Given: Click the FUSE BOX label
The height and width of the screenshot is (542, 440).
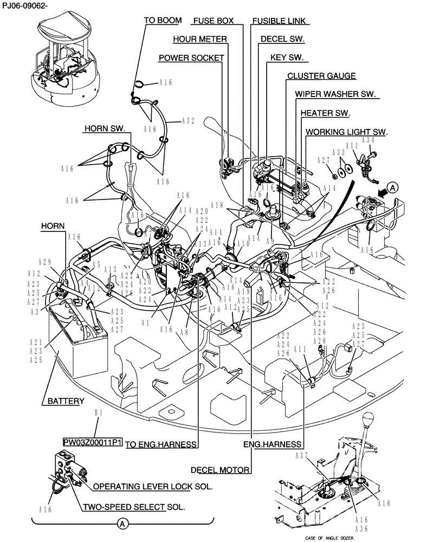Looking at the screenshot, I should point(213,21).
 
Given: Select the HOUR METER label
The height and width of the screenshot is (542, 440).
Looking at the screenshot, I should point(199,39).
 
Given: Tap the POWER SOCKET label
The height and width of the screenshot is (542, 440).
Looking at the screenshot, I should point(191,57).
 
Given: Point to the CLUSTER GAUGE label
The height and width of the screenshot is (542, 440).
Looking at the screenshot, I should point(321,76).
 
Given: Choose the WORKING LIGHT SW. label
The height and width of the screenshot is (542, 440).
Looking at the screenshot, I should point(347,132).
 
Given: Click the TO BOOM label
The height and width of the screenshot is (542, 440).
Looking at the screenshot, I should point(163,21).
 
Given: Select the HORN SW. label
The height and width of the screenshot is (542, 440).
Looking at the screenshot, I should point(105,129).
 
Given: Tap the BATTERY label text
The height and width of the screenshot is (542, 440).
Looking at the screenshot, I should point(65,402).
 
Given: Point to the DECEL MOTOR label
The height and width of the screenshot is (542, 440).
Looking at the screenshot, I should point(219,469).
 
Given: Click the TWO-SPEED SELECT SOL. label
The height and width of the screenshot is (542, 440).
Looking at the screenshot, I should point(133,507).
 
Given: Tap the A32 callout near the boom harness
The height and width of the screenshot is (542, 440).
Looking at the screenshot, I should point(187,121).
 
